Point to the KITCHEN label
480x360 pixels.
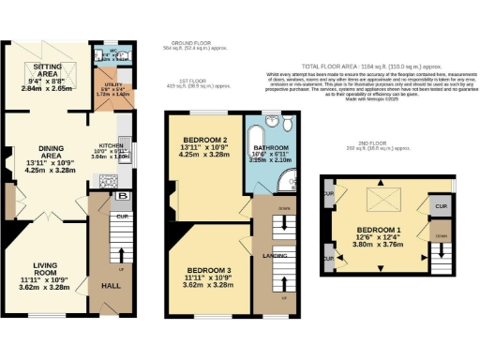coord(112,146)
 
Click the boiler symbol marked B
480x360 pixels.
coord(124,196)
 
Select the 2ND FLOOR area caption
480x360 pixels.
coord(373,145)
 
